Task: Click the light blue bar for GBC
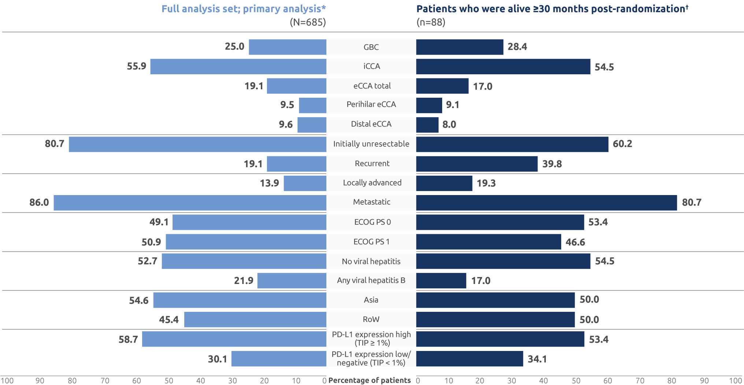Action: tap(288, 47)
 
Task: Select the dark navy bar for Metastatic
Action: tap(547, 203)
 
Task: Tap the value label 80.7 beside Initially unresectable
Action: tap(55, 144)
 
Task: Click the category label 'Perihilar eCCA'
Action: tap(371, 105)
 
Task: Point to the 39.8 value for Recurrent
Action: tap(552, 164)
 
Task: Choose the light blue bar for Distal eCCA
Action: tap(312, 125)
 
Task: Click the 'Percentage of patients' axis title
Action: tap(370, 381)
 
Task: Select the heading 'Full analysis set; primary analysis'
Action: tap(244, 9)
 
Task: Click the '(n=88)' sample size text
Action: tap(431, 23)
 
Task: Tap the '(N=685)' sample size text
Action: tap(308, 23)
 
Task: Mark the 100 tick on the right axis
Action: tap(735, 381)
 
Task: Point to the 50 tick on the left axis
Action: tap(169, 381)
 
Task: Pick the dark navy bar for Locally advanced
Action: tap(444, 183)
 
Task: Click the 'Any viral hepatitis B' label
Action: tap(371, 280)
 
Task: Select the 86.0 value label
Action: tap(39, 203)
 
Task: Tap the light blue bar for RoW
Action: tap(255, 319)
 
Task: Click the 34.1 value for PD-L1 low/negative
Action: tap(537, 359)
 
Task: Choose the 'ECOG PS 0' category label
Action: tap(372, 222)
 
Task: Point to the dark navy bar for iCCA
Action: tap(503, 67)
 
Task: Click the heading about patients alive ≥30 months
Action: tap(552, 9)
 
